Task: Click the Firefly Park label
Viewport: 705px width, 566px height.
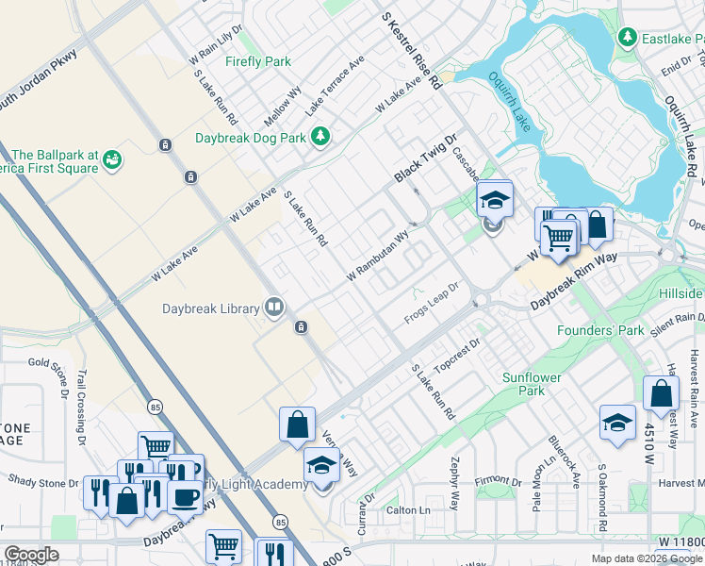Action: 257,62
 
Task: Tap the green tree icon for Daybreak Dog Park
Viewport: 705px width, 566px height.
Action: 321,137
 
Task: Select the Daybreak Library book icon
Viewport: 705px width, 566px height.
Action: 274,307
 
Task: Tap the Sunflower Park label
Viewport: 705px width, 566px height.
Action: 532,384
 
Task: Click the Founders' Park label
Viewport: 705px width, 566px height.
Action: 600,331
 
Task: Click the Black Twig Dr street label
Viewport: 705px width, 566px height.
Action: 424,158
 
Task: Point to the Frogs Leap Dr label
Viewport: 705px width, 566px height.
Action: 431,299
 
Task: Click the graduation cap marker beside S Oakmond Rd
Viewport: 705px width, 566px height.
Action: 617,422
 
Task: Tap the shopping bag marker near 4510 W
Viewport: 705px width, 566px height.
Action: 661,392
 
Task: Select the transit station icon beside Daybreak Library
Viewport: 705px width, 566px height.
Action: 300,327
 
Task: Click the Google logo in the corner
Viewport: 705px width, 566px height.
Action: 32,555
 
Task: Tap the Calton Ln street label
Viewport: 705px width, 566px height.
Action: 408,510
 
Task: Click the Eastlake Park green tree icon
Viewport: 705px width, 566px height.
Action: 627,37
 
